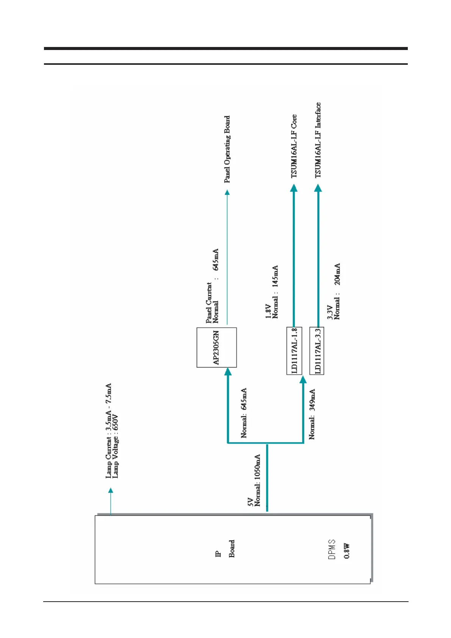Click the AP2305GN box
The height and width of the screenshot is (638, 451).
click(x=216, y=347)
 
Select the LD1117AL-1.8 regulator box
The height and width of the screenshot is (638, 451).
click(x=294, y=351)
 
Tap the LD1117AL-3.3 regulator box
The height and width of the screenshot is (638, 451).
click(x=317, y=351)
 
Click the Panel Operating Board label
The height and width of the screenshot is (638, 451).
click(x=227, y=149)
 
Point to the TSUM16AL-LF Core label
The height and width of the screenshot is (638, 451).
click(x=294, y=146)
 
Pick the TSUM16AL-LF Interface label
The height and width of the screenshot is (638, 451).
click(x=318, y=140)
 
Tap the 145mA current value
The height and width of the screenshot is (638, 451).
click(x=276, y=276)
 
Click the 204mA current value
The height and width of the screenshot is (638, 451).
click(x=337, y=274)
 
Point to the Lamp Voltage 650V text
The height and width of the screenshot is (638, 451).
click(x=116, y=446)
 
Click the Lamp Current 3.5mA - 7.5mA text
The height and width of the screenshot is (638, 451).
click(x=109, y=431)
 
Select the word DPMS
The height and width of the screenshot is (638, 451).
click(x=332, y=550)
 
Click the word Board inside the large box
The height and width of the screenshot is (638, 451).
click(x=232, y=549)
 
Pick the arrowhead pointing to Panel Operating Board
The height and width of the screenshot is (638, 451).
click(x=227, y=193)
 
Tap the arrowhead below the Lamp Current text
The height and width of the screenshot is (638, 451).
click(x=111, y=491)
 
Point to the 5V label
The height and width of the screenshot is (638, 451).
click(x=250, y=502)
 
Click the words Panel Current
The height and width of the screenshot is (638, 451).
click(x=209, y=303)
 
